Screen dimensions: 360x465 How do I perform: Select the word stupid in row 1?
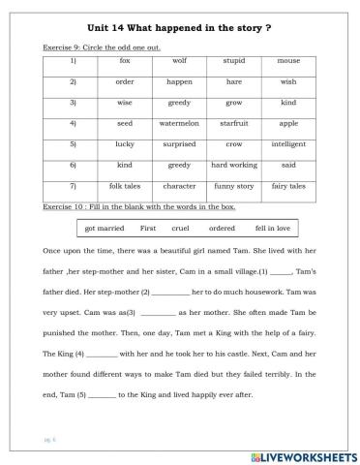point(232,60)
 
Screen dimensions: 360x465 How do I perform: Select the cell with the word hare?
point(232,81)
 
